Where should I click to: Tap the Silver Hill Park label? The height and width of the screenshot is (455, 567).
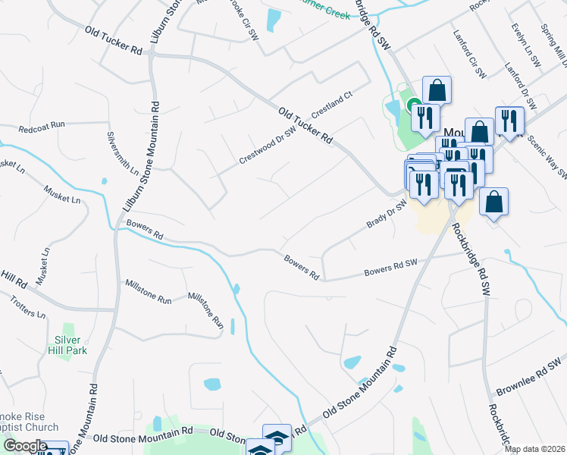(x=70, y=344)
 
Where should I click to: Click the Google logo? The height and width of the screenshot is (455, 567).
(x=24, y=445)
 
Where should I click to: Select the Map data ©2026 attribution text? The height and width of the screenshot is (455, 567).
(x=534, y=449)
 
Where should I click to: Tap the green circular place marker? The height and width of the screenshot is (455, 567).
(x=413, y=106)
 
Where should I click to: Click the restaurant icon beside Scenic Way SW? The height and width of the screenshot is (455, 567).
(x=509, y=121)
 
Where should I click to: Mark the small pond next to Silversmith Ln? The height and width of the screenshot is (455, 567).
(x=103, y=181)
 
